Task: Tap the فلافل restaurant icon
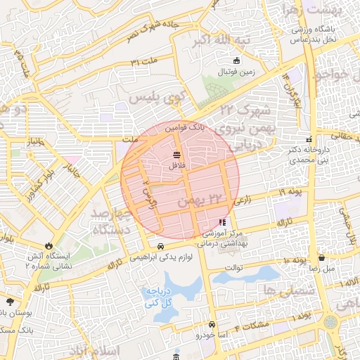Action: click(x=176, y=155)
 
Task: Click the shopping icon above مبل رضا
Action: click(x=321, y=258)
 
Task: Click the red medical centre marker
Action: click(x=223, y=223)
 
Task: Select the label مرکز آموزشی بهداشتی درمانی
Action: click(x=223, y=240)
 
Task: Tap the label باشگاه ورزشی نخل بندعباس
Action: click(x=310, y=34)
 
